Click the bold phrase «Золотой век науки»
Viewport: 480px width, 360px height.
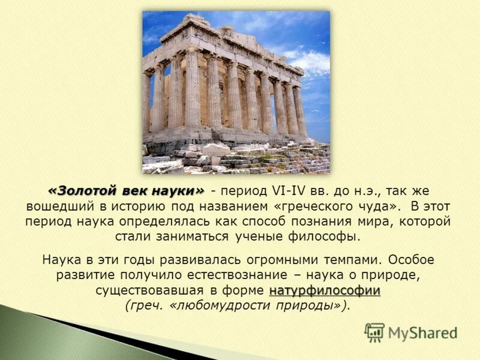point(126,191)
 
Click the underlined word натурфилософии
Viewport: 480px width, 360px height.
point(325,291)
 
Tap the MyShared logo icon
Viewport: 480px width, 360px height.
point(374,332)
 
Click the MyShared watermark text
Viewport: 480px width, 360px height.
point(422,333)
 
